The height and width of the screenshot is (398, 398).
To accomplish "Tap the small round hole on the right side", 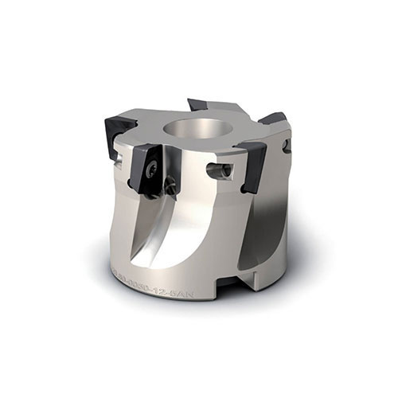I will [x=288, y=146].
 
